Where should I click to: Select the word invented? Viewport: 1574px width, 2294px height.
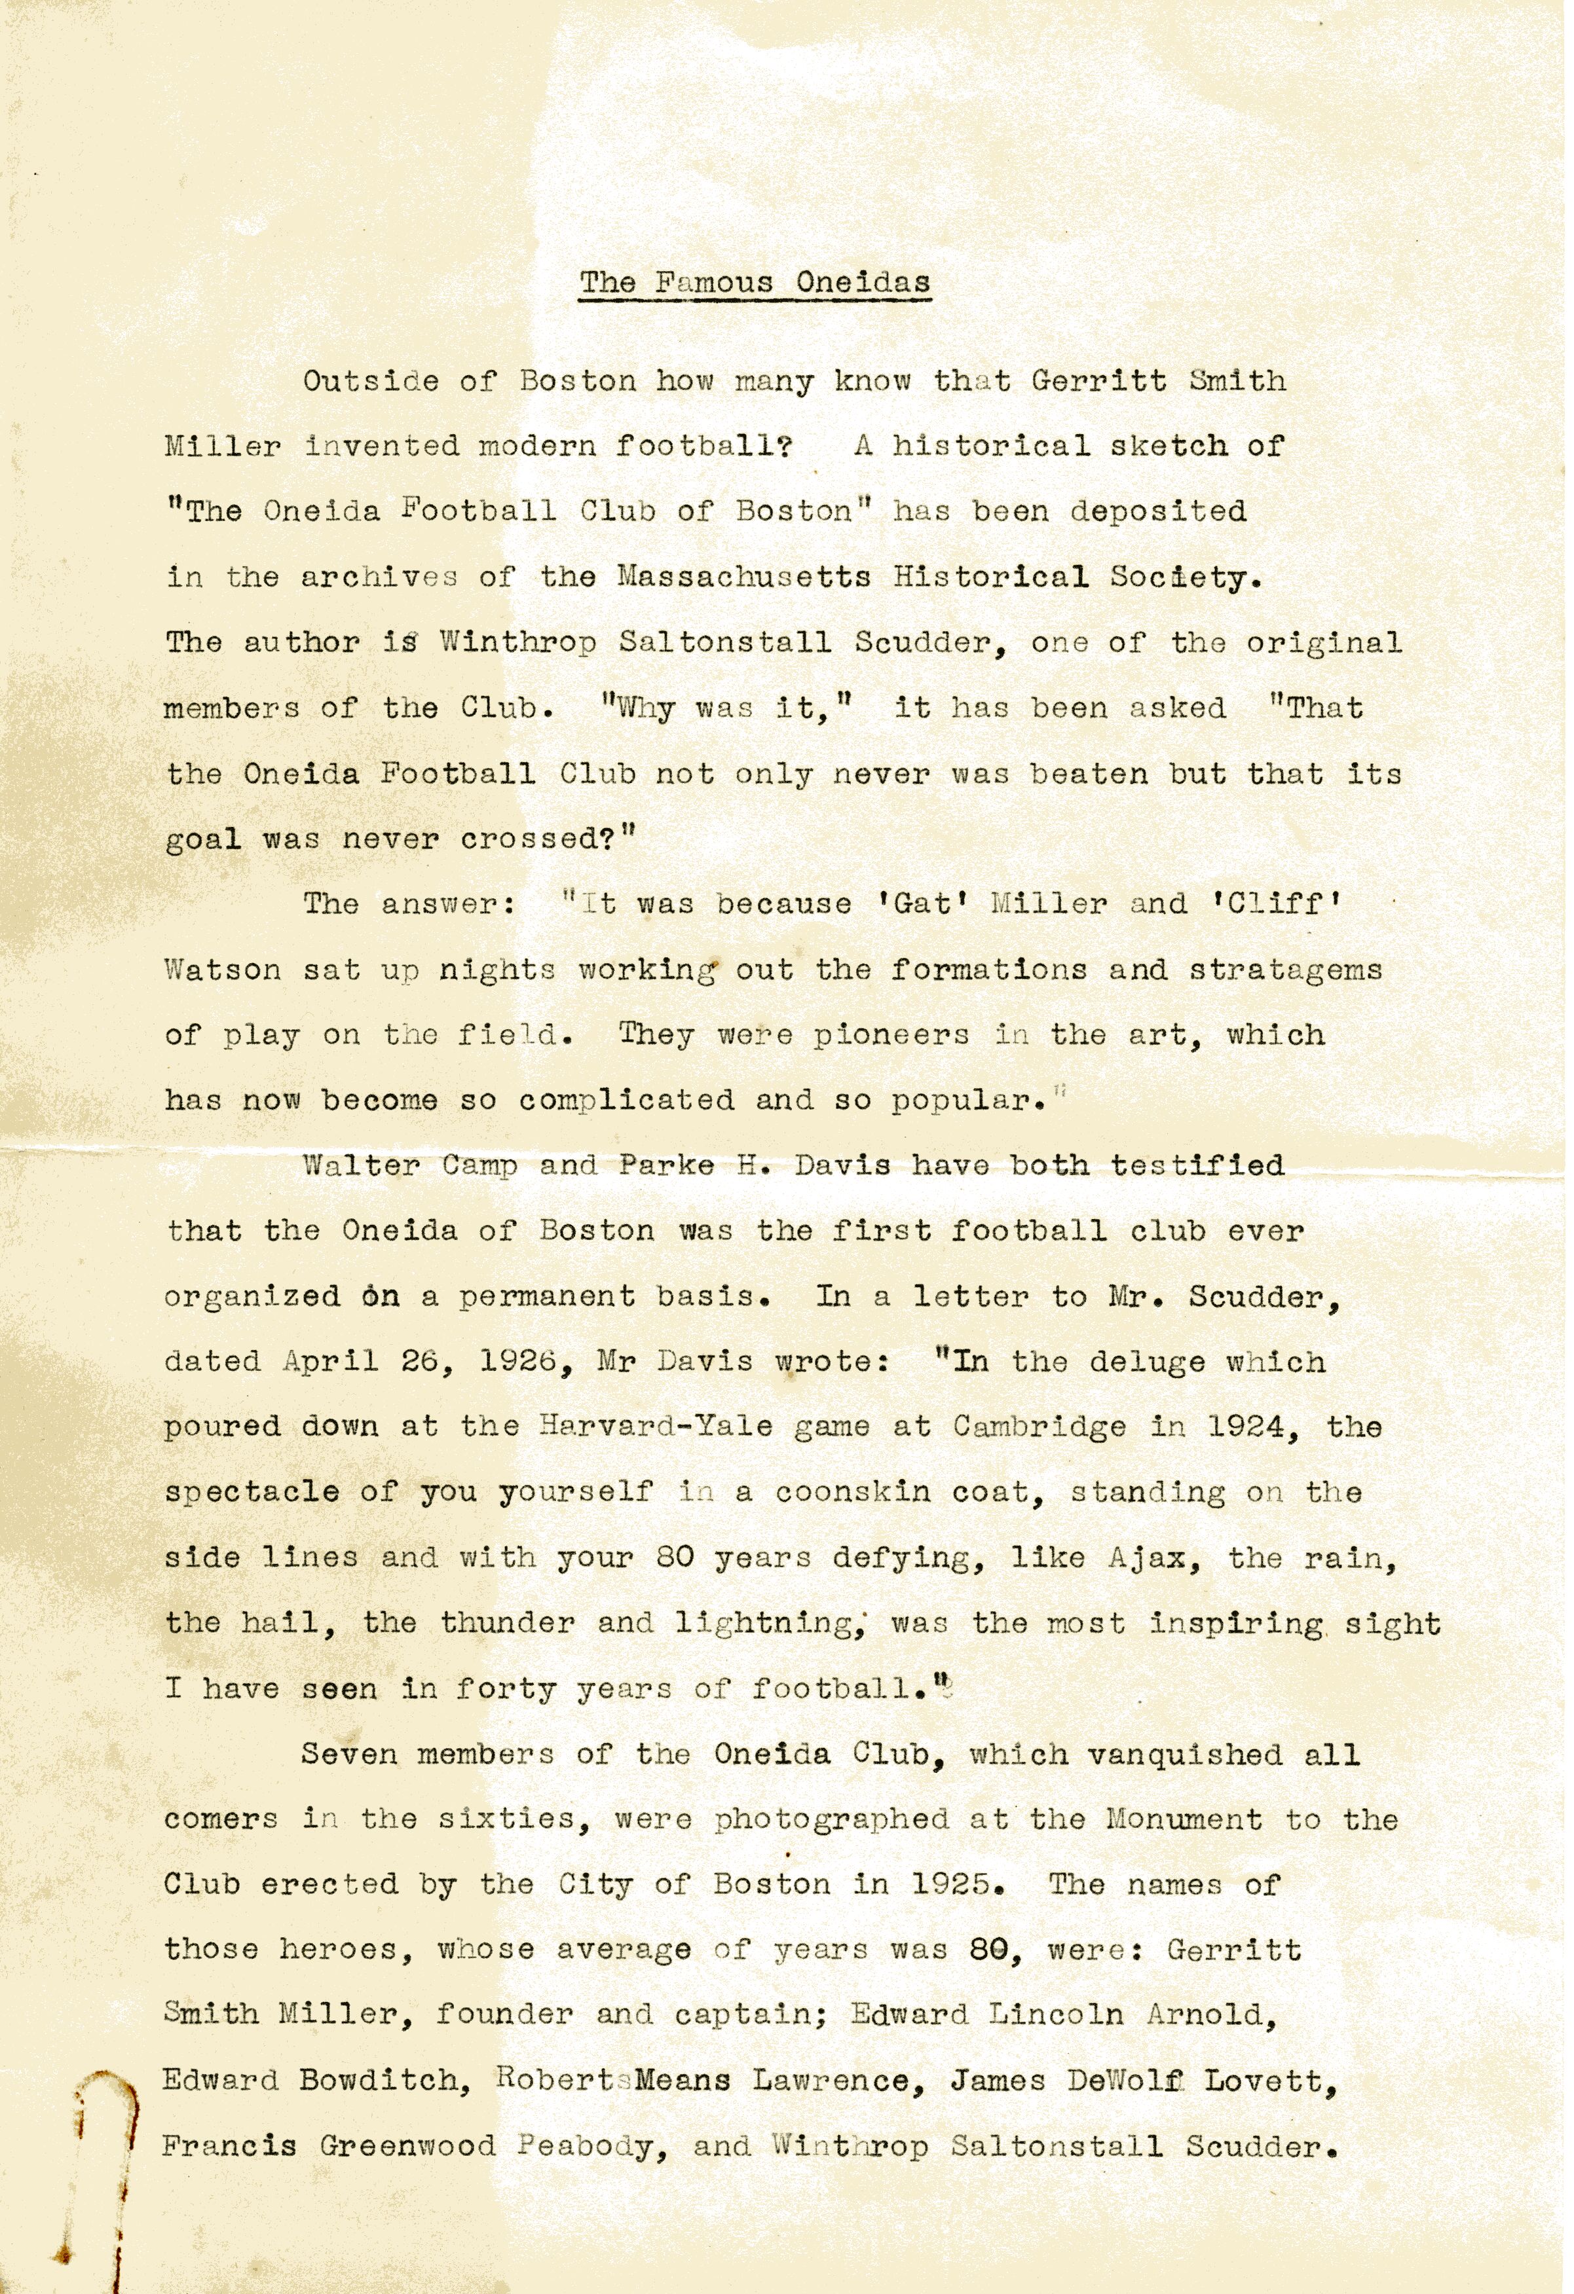(381, 446)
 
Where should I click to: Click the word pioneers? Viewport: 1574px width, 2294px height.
(891, 1036)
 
